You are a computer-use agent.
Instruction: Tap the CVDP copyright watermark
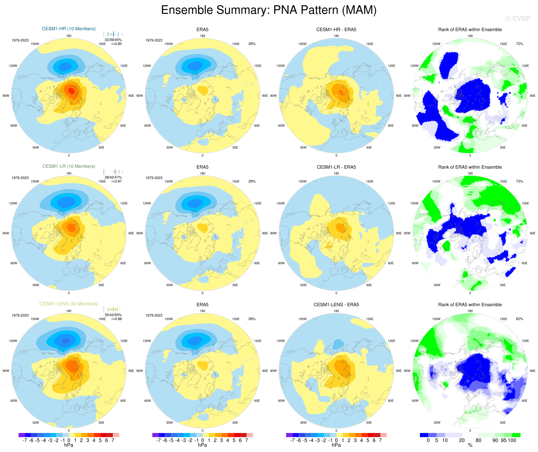point(518,18)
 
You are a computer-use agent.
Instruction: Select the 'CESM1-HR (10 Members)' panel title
point(69,29)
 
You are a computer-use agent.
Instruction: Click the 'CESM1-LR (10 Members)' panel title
point(69,166)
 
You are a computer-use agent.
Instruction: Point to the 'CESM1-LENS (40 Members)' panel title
point(69,304)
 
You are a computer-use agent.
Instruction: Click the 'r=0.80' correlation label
point(117,44)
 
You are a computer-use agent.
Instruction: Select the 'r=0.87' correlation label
point(117,181)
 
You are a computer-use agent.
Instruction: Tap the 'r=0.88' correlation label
point(117,319)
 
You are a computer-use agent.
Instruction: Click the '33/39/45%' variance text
point(113,40)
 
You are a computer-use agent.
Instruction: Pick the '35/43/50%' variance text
point(113,315)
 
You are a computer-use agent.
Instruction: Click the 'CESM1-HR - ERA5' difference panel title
point(336,30)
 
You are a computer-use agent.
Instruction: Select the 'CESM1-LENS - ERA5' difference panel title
point(336,305)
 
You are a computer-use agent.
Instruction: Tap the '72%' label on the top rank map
point(519,44)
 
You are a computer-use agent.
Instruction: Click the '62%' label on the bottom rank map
point(519,319)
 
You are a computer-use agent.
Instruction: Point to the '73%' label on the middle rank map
point(519,181)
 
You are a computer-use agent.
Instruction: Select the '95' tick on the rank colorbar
point(504,440)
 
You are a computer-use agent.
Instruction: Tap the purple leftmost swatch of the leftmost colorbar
point(22,435)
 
